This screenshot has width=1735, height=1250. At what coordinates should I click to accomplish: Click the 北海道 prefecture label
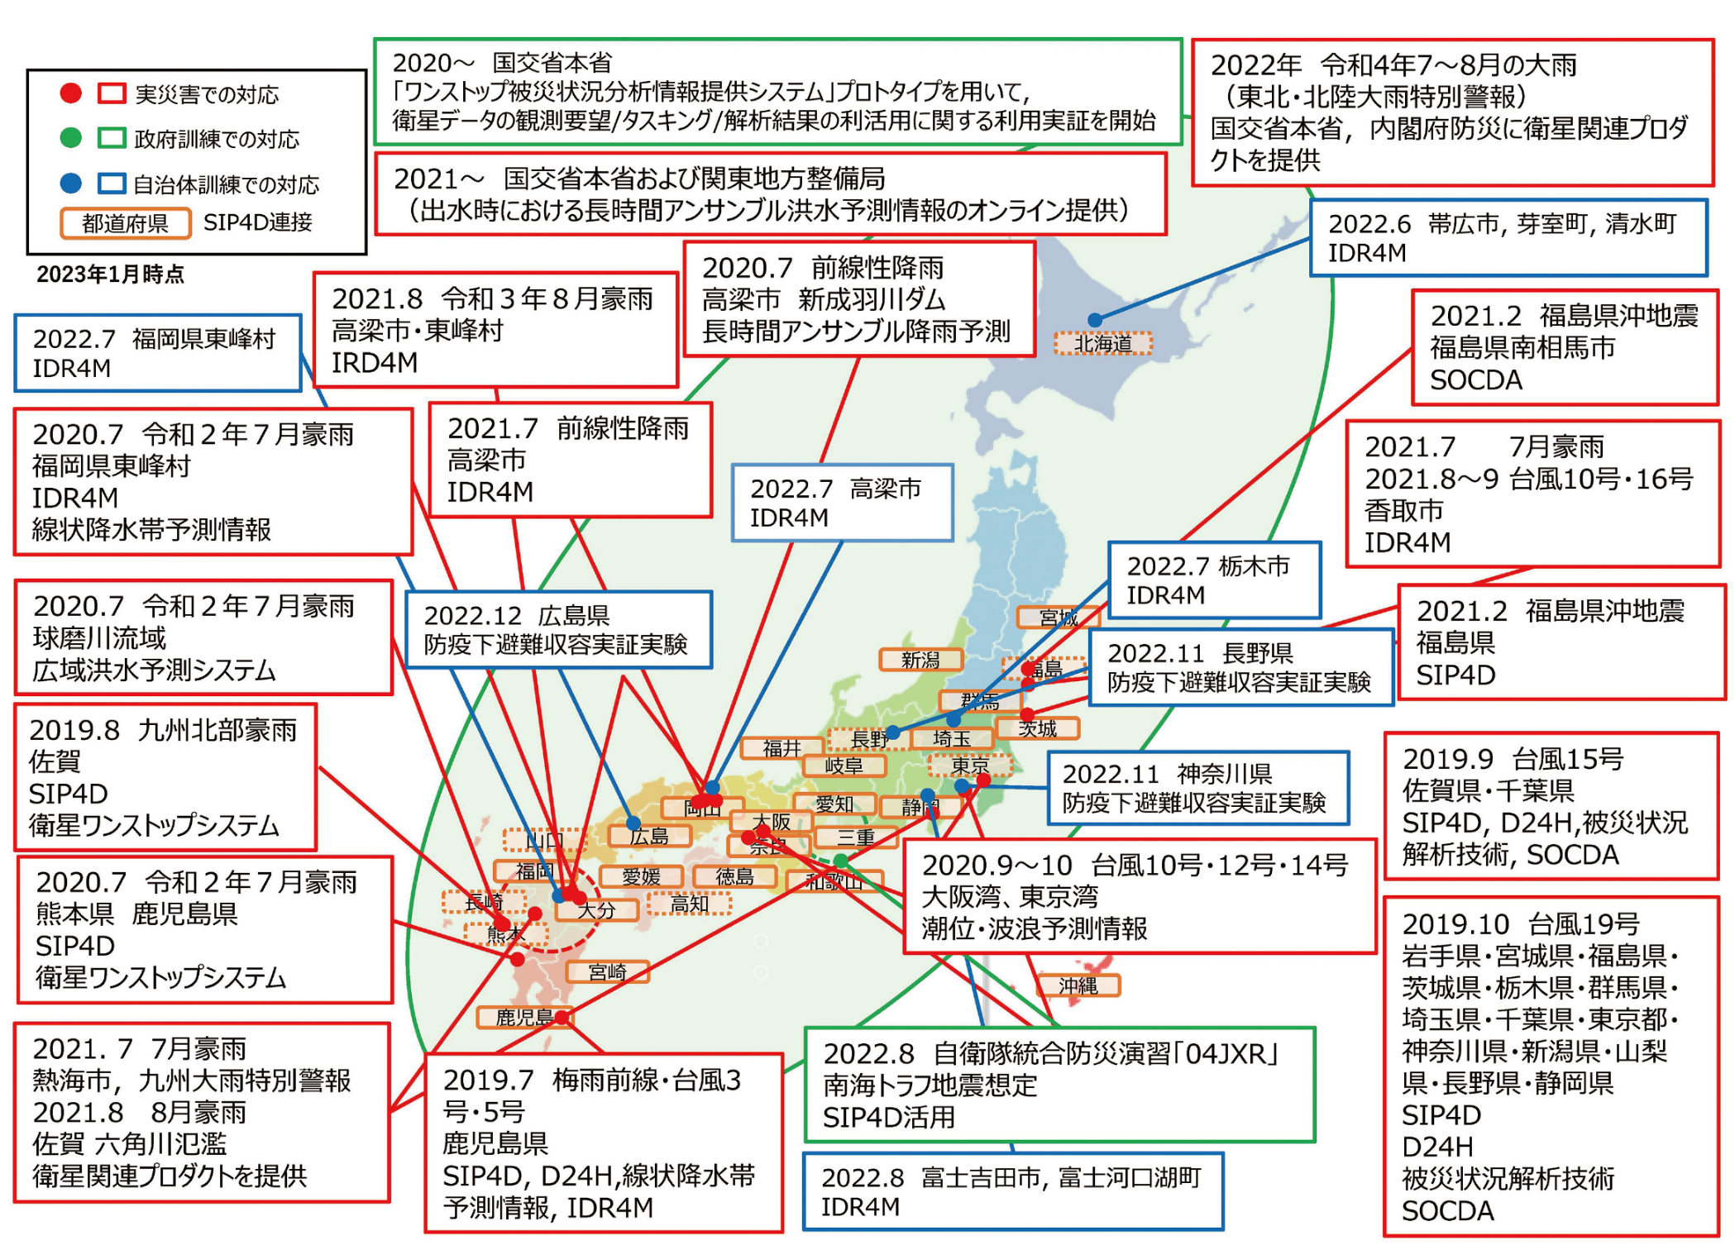(1102, 343)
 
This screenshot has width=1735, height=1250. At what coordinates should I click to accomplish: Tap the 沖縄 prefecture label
(1078, 985)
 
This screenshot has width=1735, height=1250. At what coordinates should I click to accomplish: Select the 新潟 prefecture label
(920, 660)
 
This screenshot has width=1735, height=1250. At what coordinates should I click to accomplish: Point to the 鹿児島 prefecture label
(523, 1017)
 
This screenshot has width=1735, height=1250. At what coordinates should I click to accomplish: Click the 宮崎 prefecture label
(607, 971)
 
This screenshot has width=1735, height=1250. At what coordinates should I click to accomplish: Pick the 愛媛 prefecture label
(642, 876)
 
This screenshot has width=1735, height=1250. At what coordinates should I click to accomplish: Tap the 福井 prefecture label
(781, 748)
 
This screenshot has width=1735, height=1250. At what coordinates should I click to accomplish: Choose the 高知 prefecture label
(689, 904)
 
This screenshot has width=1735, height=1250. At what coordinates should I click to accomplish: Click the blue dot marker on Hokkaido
(1094, 320)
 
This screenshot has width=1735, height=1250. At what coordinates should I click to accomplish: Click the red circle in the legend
(71, 93)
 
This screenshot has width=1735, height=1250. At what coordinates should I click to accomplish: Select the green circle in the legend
(71, 137)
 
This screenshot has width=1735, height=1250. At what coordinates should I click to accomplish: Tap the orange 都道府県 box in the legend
(125, 223)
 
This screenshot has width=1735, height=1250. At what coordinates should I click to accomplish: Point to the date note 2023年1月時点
(110, 274)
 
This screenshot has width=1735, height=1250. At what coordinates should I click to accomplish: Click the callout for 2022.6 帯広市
(1508, 237)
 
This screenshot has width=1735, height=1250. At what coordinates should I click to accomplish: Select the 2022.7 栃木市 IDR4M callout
(1213, 580)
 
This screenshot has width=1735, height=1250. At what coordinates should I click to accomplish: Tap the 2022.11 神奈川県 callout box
(1197, 788)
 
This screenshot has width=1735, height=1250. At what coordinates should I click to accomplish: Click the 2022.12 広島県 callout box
(558, 630)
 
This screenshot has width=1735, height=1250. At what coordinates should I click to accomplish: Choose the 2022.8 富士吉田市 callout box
(1012, 1191)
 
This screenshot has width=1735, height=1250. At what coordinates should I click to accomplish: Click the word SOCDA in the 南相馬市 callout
(1475, 380)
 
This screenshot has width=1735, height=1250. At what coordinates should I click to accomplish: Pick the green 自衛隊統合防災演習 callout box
(1059, 1085)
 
